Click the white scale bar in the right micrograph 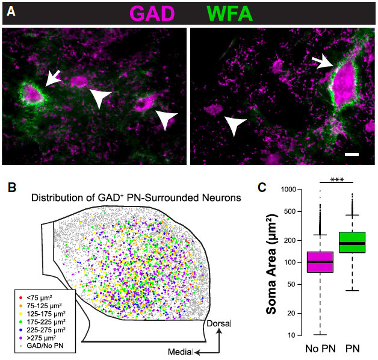pyautogui.click(x=353, y=155)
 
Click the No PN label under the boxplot pyautogui.click(x=317, y=349)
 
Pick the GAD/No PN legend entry pyautogui.click(x=49, y=346)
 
